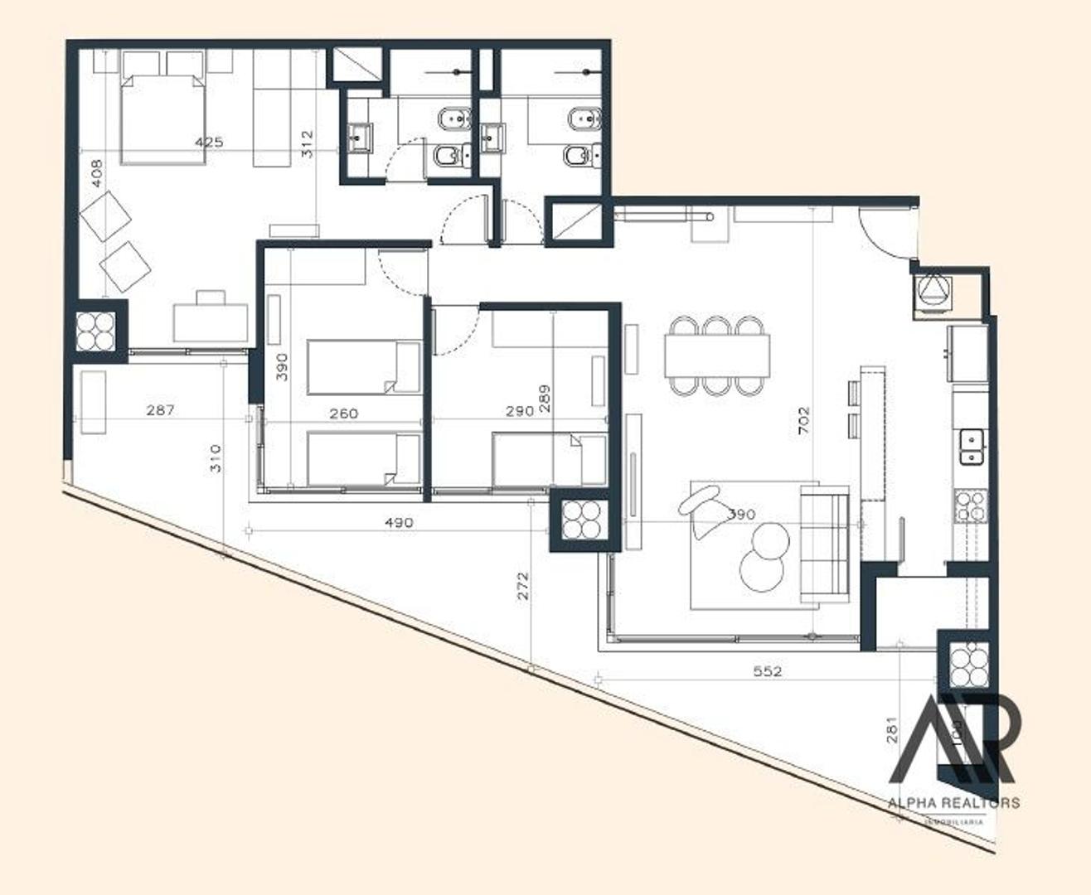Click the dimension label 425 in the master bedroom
(x=209, y=143)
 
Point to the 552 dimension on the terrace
(x=768, y=671)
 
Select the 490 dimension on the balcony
(x=399, y=523)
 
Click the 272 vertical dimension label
(x=521, y=586)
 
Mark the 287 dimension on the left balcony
(x=160, y=409)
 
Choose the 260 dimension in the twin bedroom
(x=343, y=413)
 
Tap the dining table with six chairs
(x=716, y=355)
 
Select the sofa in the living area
(x=824, y=544)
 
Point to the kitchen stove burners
(x=971, y=506)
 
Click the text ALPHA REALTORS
(x=953, y=802)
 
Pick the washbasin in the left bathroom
(x=361, y=138)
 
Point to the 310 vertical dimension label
(x=216, y=458)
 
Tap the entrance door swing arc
(x=881, y=233)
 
